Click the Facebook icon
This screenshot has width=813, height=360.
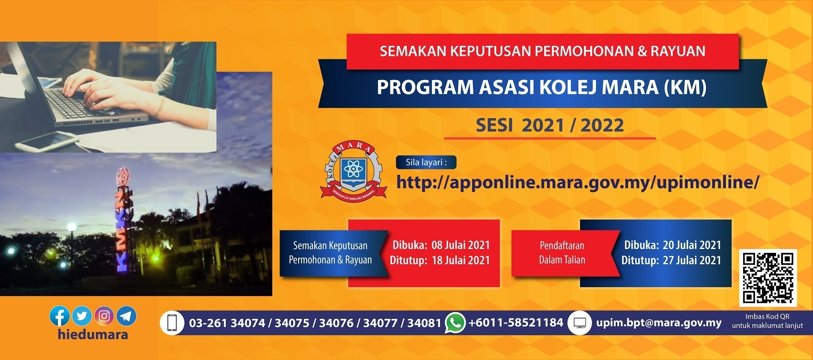coord(60,316)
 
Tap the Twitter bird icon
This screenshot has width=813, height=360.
coord(82,316)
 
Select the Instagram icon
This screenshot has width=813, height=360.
coord(104,316)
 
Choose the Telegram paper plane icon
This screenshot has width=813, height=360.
coord(127,316)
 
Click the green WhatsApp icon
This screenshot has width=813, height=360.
coord(455,323)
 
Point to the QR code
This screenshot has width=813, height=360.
coord(768,278)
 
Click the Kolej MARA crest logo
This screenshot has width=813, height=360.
coord(353,171)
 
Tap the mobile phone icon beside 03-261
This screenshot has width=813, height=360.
coord(172,323)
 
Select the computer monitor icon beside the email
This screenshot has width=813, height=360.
coord(579,323)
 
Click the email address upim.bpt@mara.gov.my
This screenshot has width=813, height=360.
coord(659,323)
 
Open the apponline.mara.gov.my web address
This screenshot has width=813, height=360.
coord(578,183)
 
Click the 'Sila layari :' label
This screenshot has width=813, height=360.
coord(426,162)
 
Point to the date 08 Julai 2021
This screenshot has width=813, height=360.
coord(461,245)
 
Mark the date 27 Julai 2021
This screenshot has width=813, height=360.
coord(692,260)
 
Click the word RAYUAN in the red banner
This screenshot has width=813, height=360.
coord(678,51)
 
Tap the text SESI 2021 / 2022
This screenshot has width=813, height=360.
coord(550,125)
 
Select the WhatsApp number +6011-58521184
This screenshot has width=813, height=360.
coord(516,323)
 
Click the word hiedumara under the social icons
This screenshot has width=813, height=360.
coord(93,335)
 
